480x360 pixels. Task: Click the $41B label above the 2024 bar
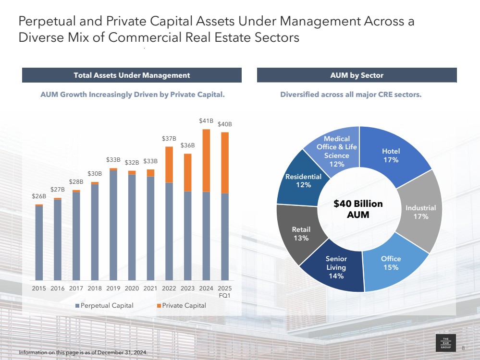click(x=206, y=121)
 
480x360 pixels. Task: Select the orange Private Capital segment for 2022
click(x=169, y=165)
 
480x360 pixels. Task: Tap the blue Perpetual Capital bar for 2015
click(x=39, y=242)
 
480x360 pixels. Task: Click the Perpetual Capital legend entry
click(x=104, y=306)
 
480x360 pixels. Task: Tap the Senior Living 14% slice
click(x=336, y=267)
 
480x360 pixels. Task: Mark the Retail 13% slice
click(x=301, y=233)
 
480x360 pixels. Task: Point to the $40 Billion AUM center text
click(x=358, y=209)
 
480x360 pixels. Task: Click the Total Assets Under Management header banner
click(x=132, y=75)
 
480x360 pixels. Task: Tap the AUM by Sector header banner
click(x=357, y=75)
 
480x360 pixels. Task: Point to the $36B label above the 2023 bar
click(x=187, y=145)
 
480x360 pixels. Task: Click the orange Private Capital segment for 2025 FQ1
click(x=224, y=163)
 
